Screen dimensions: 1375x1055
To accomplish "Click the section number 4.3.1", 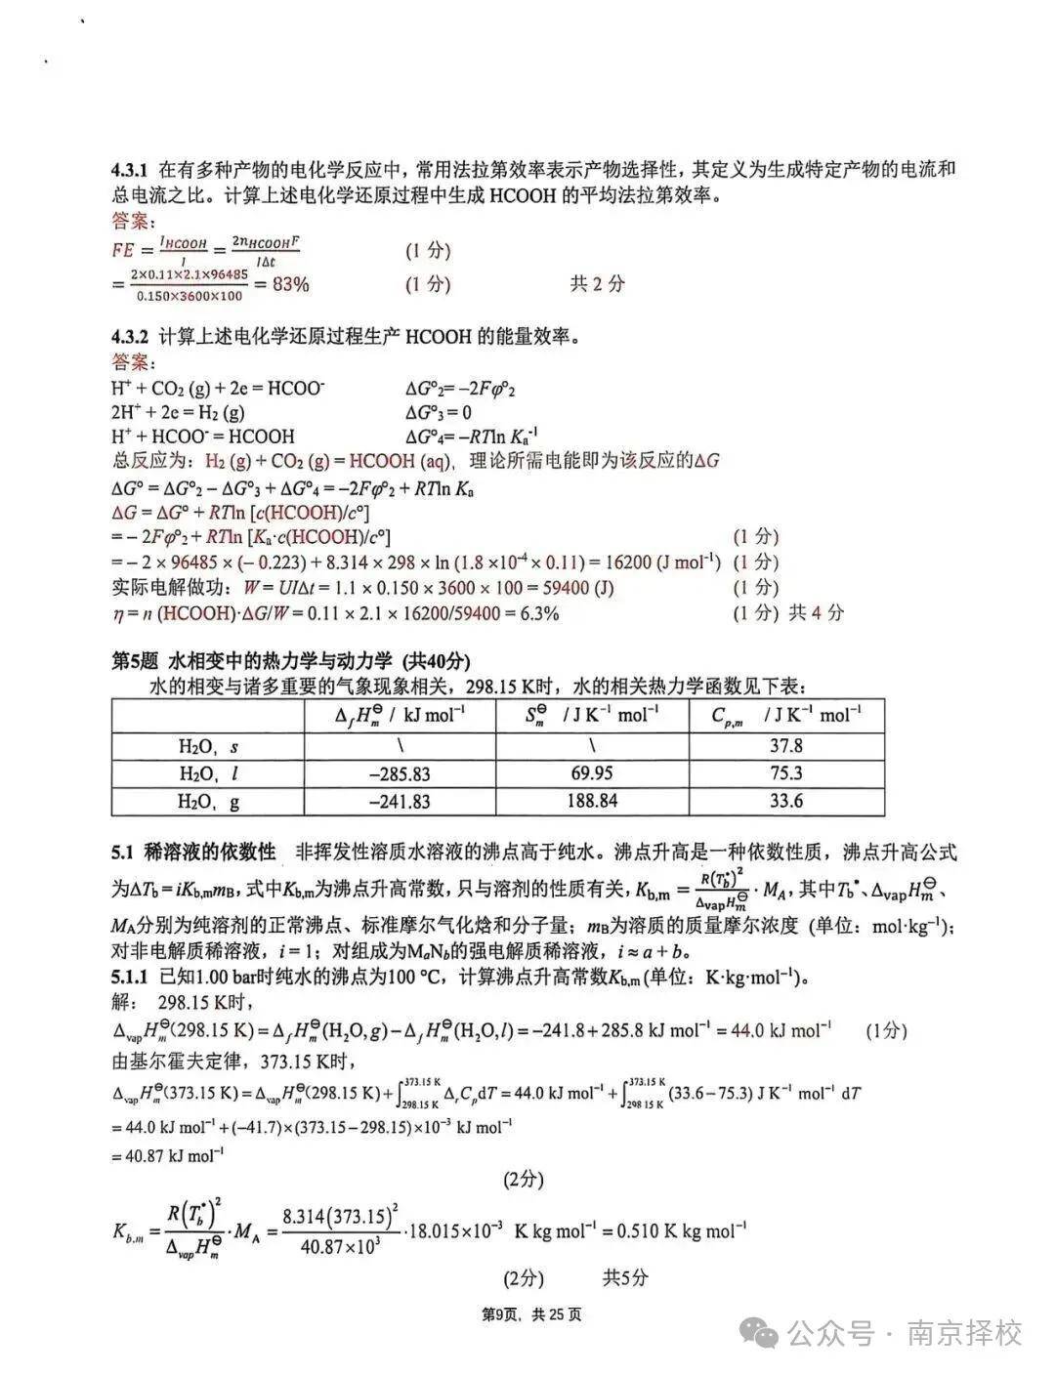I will tap(130, 170).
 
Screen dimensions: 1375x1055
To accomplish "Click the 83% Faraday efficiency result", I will tap(289, 285).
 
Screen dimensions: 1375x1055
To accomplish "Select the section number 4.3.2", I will tap(130, 338).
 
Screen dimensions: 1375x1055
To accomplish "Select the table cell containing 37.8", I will tap(785, 746).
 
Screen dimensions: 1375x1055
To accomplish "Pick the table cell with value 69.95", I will tap(592, 773).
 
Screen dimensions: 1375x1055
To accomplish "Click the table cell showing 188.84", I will tap(592, 802).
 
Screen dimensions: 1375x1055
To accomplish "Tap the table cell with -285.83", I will tap(400, 773).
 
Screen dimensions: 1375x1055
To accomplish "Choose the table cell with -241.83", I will tap(400, 802).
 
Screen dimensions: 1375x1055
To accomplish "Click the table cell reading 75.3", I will tap(785, 773).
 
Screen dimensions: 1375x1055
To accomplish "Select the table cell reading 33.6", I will tap(785, 802).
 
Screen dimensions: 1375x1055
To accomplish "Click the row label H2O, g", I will tap(208, 802).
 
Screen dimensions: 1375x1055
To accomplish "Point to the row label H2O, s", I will tap(208, 746).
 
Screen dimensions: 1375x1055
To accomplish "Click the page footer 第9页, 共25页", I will tap(532, 1314).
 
